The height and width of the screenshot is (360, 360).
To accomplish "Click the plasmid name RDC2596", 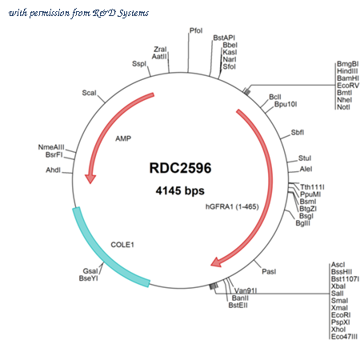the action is click(180, 168).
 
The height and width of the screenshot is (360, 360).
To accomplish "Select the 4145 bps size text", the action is click(180, 190).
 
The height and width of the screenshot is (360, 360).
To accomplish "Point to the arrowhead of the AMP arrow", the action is click(90, 178).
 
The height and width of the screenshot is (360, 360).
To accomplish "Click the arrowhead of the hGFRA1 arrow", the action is click(217, 262).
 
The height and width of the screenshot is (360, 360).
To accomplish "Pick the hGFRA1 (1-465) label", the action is click(232, 206).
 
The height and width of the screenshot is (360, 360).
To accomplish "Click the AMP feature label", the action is click(123, 138).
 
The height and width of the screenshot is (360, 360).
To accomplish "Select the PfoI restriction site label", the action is click(196, 30).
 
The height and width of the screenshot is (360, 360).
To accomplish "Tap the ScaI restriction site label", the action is click(89, 93).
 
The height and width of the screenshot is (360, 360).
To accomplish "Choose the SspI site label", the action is click(139, 64).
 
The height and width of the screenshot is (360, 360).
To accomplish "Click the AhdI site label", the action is click(54, 170).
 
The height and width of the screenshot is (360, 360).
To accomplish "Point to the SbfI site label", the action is click(298, 132).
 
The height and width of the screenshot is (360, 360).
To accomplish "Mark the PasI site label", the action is click(269, 271).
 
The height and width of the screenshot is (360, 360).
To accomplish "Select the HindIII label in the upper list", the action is click(347, 71).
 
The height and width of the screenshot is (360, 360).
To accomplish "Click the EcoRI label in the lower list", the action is click(341, 315).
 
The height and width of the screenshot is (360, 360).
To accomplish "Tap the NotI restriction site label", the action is click(343, 107).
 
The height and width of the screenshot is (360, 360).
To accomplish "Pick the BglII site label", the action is click(303, 223).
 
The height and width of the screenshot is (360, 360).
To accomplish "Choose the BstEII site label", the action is click(238, 305).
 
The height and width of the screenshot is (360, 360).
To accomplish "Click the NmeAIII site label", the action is click(51, 147).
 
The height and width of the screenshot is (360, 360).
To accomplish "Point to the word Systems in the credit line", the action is click(134, 13).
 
